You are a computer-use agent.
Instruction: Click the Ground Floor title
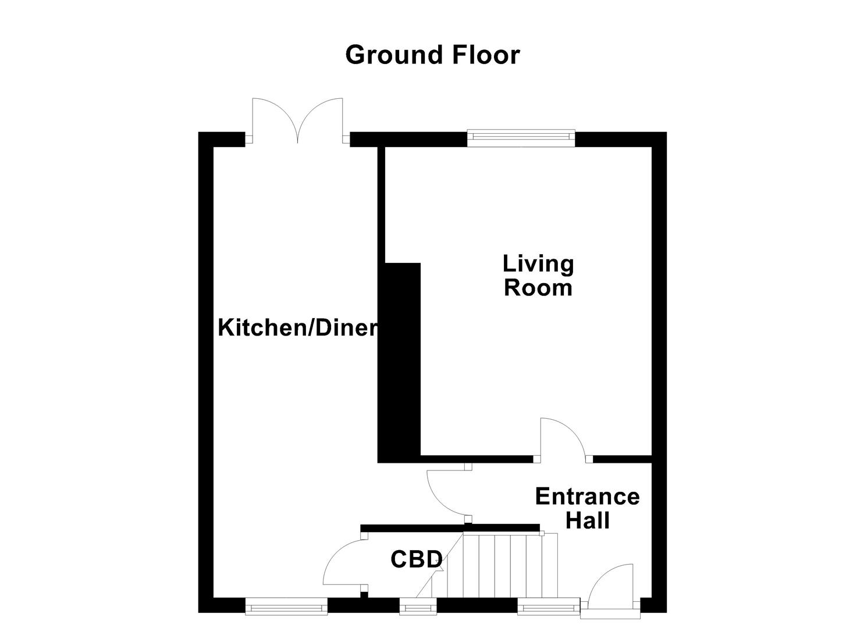point(432,55)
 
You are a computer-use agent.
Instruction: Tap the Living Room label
point(538,276)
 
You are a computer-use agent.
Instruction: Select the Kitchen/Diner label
point(298,328)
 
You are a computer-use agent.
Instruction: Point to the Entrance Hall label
point(587,508)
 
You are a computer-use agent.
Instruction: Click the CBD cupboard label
point(417,559)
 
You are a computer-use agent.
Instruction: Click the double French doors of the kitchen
point(298,122)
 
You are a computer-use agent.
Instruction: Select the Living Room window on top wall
point(521,137)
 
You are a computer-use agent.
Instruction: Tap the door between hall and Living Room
point(563,440)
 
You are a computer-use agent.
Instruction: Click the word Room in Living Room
point(538,288)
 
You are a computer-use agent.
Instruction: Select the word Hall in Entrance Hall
point(588,520)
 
